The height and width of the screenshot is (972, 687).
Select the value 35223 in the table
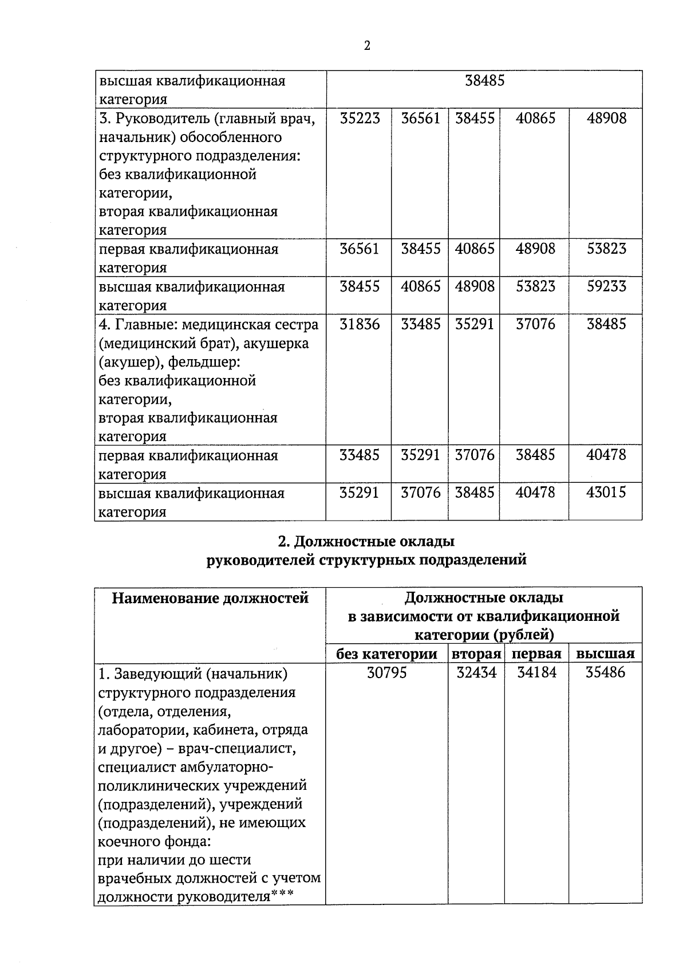coord(360,119)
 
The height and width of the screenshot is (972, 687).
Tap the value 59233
coord(606,286)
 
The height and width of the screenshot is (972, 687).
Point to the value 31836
coord(360,324)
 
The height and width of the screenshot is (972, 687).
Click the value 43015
coord(606,493)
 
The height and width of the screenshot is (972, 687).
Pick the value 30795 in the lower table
coord(386,672)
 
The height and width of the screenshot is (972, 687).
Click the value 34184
coord(536,672)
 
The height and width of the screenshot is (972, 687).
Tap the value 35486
coord(606,672)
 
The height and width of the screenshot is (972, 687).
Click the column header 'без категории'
coord(386,654)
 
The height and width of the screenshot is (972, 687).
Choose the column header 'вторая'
coord(476,654)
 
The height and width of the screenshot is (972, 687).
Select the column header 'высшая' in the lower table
coord(605,654)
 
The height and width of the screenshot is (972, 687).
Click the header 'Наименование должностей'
coord(210,599)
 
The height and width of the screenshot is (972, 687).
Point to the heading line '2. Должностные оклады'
coord(366,541)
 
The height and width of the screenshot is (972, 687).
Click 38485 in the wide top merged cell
coord(484,81)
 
